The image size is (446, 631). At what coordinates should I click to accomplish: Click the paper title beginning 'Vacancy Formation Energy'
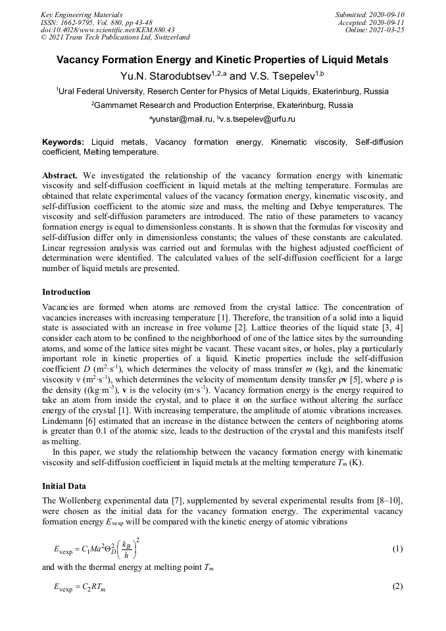222,60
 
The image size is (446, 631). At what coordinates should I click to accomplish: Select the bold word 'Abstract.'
60,177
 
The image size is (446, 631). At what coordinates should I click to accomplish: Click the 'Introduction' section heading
66,291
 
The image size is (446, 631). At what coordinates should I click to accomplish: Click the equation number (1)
397,549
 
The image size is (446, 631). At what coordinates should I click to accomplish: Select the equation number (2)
397,586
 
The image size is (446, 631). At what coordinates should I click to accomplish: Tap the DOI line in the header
107,30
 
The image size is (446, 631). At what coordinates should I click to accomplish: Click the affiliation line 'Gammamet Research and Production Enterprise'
222,105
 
